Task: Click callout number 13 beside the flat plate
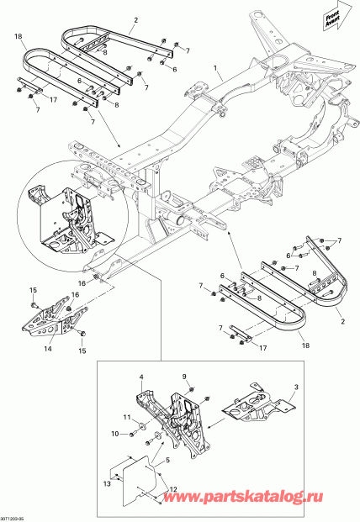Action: [x=106, y=484]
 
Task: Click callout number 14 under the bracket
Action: [x=47, y=347]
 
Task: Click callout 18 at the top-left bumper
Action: [x=19, y=38]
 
